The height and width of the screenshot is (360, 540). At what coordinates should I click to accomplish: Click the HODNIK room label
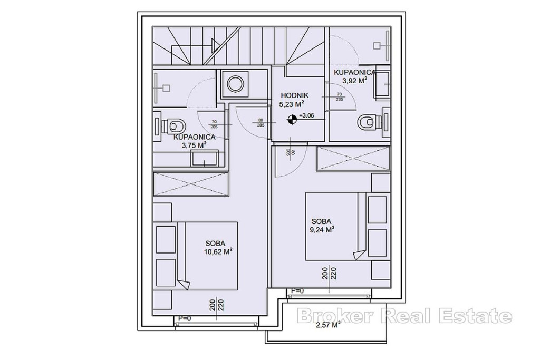[294, 95]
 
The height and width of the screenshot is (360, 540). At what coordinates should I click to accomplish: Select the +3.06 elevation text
[306, 115]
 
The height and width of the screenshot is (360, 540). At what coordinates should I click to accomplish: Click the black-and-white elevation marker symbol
[292, 120]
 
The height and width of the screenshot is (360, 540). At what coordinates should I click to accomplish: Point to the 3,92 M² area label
[354, 81]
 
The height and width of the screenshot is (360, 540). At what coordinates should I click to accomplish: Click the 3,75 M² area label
[194, 145]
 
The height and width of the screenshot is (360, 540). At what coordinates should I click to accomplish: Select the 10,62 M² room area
[218, 251]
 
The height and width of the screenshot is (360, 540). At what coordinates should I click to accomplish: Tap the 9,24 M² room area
[323, 230]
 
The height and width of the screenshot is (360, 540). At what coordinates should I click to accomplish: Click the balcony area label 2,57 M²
[328, 324]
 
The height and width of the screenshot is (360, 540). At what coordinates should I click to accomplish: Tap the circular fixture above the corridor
[235, 83]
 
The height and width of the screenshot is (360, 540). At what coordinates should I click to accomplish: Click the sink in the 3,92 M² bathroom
[382, 84]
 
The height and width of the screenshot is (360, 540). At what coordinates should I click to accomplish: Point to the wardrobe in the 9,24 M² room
[353, 158]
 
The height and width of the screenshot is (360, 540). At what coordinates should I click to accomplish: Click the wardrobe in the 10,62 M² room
[191, 185]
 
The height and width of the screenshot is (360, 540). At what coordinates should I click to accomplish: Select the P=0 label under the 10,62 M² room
[185, 318]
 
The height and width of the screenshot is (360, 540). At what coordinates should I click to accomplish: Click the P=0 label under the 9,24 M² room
[297, 291]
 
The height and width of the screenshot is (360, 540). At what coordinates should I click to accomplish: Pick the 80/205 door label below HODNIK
[291, 153]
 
